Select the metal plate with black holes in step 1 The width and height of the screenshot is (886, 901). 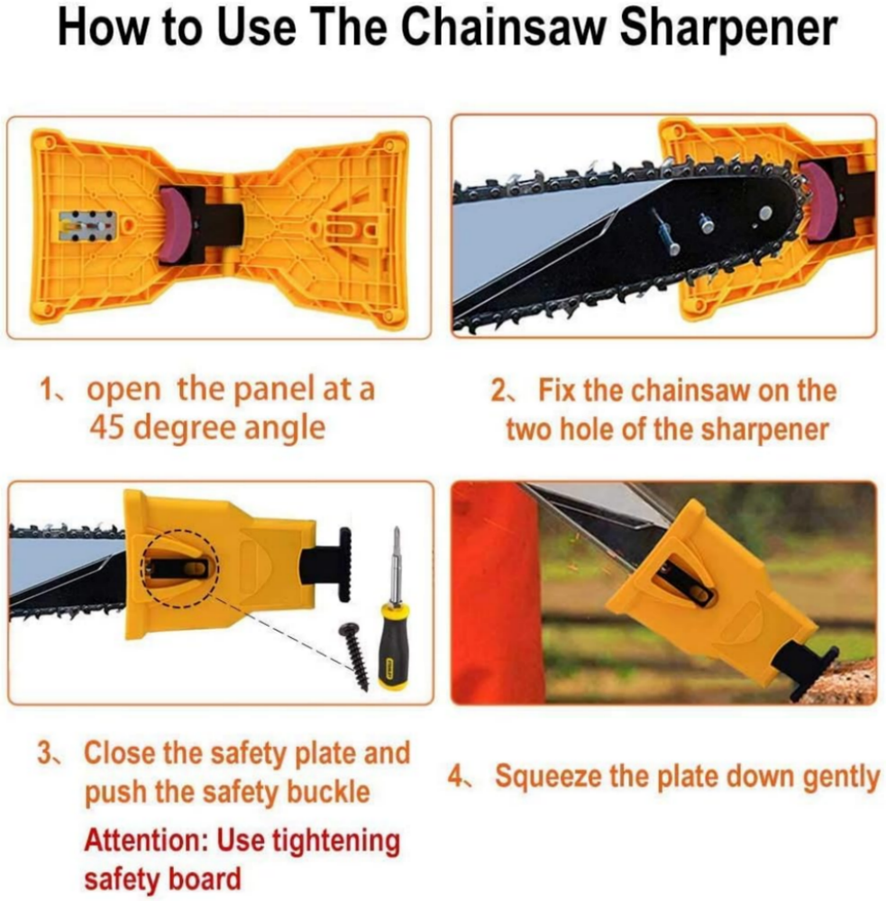(88, 226)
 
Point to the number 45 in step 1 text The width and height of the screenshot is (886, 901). (107, 428)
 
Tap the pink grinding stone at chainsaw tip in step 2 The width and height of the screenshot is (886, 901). (811, 201)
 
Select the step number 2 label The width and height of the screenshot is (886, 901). (499, 390)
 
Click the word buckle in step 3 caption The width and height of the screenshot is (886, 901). (328, 792)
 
